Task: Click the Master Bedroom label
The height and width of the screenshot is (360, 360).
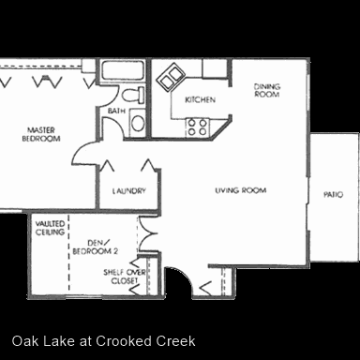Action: (41, 134)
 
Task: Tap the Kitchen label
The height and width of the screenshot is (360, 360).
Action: (200, 100)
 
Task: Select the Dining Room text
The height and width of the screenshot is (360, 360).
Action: (267, 90)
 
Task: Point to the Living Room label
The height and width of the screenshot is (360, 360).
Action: (241, 190)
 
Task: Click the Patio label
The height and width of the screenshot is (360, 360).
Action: (333, 195)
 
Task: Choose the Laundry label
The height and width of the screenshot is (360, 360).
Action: (129, 190)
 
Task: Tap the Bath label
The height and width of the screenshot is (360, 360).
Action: (116, 111)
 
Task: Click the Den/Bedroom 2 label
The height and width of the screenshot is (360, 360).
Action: (96, 247)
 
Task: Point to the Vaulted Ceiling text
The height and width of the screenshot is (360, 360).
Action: (50, 228)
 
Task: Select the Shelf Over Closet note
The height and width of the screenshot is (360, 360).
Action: (125, 277)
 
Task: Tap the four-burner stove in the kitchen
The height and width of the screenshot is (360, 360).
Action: (198, 127)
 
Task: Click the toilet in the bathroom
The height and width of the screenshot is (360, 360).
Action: (133, 96)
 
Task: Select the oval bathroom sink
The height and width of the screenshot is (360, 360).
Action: (138, 123)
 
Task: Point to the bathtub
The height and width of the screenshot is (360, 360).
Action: (123, 70)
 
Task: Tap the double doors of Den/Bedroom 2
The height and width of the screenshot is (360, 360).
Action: (149, 233)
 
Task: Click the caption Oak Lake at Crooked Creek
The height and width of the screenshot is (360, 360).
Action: (103, 341)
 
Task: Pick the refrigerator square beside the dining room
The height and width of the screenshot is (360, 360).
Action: (215, 68)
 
